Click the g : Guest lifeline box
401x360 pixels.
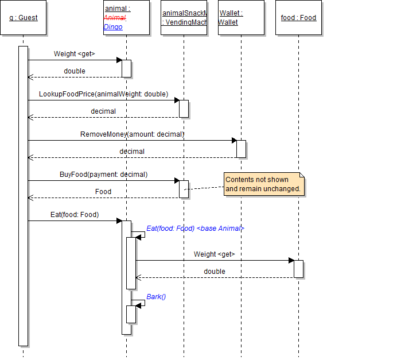24,18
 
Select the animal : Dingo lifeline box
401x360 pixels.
126,18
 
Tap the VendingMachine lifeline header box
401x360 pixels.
184,18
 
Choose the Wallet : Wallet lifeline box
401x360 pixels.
241,18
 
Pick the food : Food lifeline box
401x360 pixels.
298,18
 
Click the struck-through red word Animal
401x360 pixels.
115,18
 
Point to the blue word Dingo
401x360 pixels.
113,27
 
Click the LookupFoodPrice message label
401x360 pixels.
103,94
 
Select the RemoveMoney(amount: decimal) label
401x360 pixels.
132,134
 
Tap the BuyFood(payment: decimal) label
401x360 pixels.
103,175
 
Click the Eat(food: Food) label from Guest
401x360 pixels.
75,215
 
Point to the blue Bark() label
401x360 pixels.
156,297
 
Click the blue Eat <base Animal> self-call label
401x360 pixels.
195,229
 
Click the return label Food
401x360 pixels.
103,192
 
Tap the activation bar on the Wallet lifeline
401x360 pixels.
241,149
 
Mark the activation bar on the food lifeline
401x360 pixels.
298,269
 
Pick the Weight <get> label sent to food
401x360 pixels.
214,254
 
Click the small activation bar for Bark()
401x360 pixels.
131,314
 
